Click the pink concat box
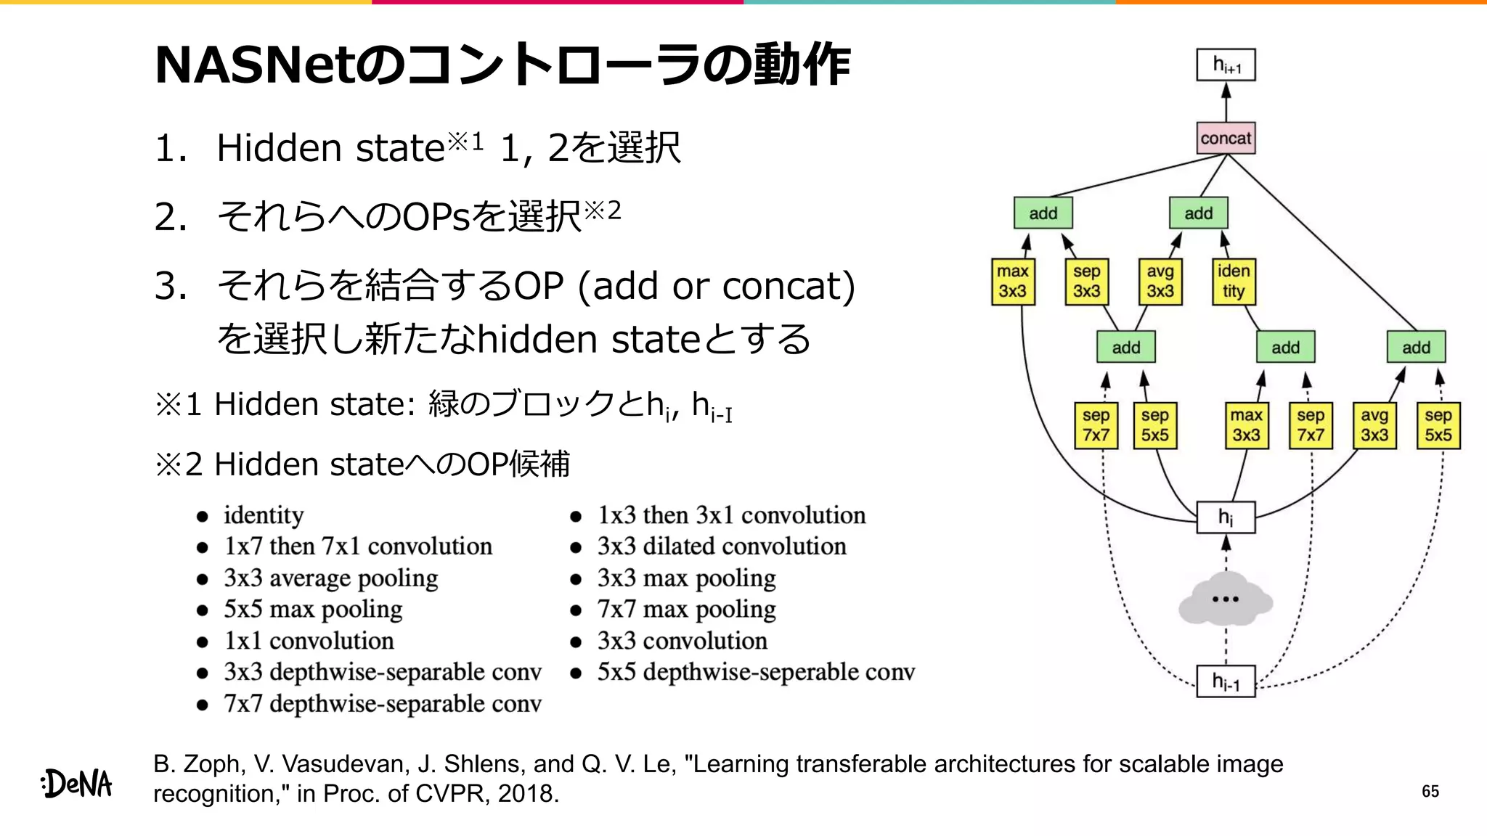[1226, 138]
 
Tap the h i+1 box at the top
[1226, 65]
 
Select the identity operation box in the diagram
[1234, 282]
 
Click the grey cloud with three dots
[1226, 599]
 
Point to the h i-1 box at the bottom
[1226, 681]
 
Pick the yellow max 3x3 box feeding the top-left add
[1013, 282]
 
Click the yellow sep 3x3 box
[1087, 282]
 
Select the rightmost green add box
[1416, 347]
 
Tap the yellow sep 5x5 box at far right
[1438, 425]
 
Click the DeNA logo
[77, 784]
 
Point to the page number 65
[1430, 791]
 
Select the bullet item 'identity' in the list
[264, 515]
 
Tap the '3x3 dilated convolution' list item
[721, 546]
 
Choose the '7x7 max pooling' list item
[686, 610]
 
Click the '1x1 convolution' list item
[309, 641]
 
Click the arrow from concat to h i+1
[1226, 102]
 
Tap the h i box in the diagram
[1226, 517]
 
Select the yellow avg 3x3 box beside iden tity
[1160, 282]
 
